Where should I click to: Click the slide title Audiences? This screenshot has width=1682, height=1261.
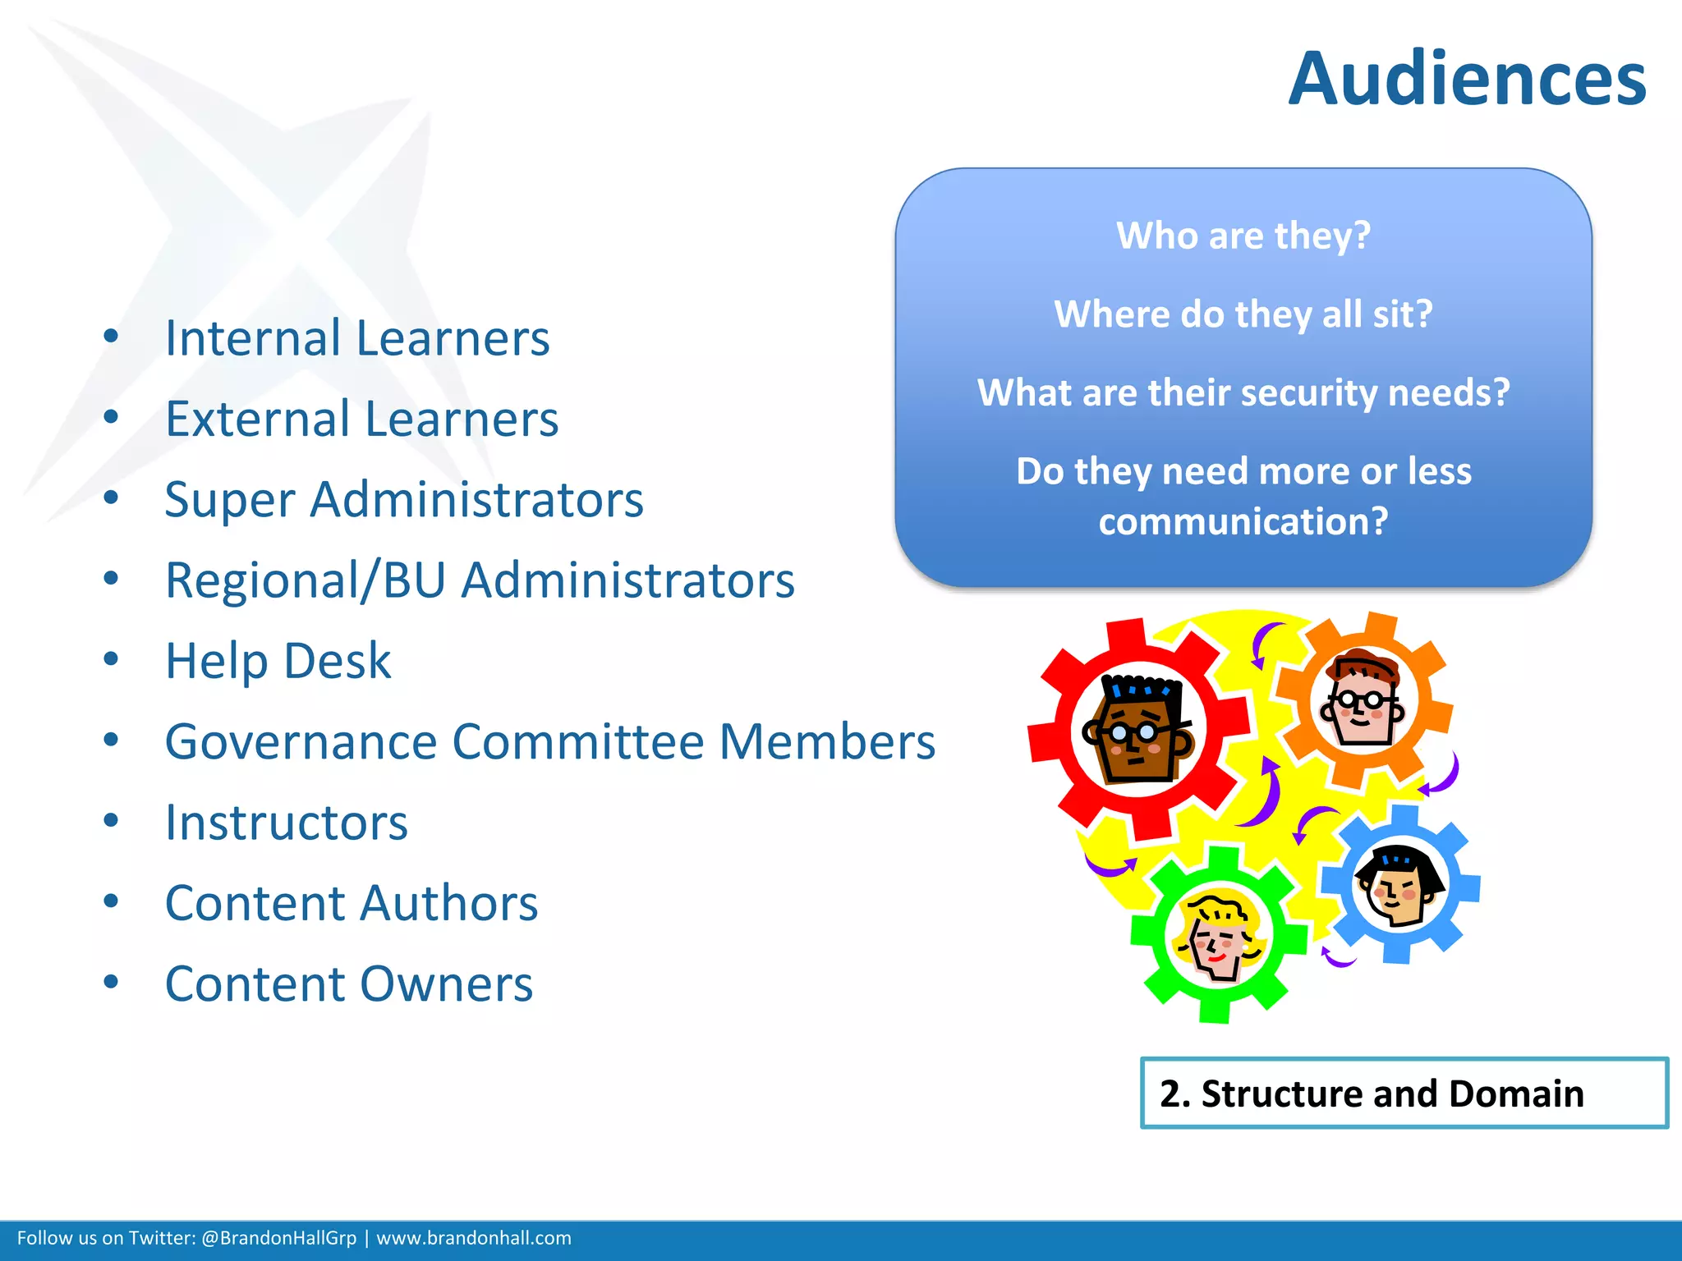(x=1467, y=80)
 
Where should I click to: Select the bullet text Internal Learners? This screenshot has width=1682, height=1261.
(x=357, y=338)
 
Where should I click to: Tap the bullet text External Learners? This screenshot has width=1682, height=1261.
(x=361, y=419)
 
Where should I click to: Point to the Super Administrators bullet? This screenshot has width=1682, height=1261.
(x=404, y=499)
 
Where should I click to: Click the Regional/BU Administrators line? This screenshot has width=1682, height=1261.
(x=480, y=580)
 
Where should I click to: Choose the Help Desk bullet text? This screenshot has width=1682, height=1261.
(x=278, y=661)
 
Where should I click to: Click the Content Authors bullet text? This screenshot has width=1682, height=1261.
(x=352, y=903)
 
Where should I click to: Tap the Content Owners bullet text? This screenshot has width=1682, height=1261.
(x=349, y=984)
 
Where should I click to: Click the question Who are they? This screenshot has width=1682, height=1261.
(x=1243, y=236)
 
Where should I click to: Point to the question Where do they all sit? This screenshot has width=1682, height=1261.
(x=1243, y=314)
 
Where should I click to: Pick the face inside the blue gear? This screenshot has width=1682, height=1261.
(x=1399, y=886)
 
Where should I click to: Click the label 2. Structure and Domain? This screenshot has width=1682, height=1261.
(x=1372, y=1094)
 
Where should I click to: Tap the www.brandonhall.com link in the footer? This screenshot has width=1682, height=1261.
(x=474, y=1238)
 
